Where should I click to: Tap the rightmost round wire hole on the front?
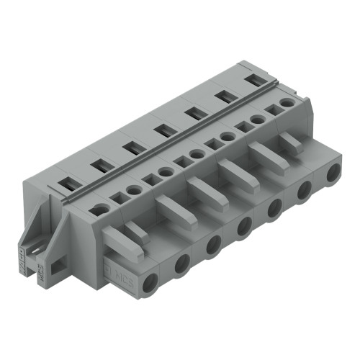click(333, 174)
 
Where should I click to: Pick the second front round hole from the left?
click(182, 261)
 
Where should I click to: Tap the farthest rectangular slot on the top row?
click(253, 80)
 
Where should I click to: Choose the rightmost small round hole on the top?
click(287, 104)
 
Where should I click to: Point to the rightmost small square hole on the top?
click(272, 110)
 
